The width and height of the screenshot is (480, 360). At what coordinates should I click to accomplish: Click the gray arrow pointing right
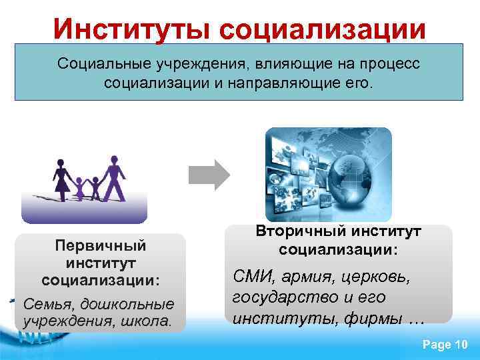click(209, 175)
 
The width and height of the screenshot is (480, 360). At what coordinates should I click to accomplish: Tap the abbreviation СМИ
click(251, 276)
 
